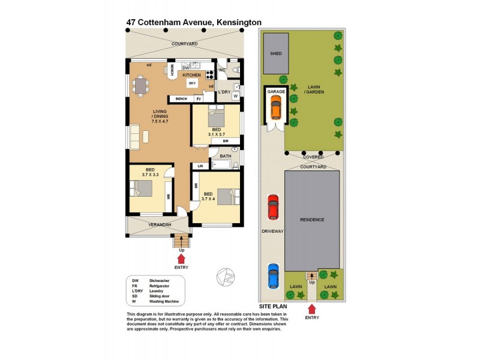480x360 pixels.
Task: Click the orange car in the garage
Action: pos(275,109)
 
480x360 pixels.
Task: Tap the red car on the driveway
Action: pos(273,207)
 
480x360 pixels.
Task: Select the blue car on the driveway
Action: pos(273,277)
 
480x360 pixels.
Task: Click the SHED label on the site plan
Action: pos(276,53)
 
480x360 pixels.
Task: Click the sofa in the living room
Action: pos(136,136)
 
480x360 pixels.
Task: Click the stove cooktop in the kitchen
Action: pos(210,75)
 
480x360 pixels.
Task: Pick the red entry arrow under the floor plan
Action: pos(181,258)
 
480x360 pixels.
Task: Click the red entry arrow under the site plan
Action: pos(311,310)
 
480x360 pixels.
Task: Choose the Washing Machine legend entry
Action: pos(164,302)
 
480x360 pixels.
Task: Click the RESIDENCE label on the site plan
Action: pos(312,220)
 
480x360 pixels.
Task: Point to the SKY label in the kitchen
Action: pos(193,83)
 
